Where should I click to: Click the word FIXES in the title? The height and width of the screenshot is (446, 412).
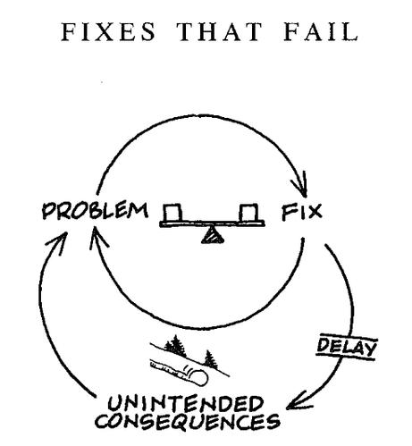pyautogui.click(x=109, y=31)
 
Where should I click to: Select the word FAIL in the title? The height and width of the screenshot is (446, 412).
pyautogui.click(x=320, y=31)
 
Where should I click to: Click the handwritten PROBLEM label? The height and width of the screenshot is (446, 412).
pyautogui.click(x=95, y=211)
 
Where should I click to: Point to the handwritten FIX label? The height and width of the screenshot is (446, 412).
pyautogui.click(x=302, y=212)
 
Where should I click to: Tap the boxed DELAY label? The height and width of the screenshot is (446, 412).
pyautogui.click(x=347, y=348)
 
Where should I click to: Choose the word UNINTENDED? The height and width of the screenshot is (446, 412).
pyautogui.click(x=185, y=404)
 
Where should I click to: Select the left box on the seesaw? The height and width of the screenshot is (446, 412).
pyautogui.click(x=172, y=213)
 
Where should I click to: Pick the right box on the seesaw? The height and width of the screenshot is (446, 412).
pyautogui.click(x=248, y=213)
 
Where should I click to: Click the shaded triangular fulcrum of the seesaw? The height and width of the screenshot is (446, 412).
pyautogui.click(x=213, y=235)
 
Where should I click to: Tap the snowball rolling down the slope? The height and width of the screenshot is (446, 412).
pyautogui.click(x=198, y=378)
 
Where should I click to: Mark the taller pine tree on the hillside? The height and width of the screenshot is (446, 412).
pyautogui.click(x=176, y=345)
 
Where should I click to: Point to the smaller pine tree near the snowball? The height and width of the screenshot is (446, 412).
pyautogui.click(x=210, y=358)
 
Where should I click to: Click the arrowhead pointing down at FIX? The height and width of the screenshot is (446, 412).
pyautogui.click(x=301, y=185)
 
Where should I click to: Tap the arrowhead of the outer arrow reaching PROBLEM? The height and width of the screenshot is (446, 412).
pyautogui.click(x=58, y=243)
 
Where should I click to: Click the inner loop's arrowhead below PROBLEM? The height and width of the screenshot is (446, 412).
pyautogui.click(x=97, y=237)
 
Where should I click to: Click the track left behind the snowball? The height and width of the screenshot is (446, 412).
pyautogui.click(x=168, y=370)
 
